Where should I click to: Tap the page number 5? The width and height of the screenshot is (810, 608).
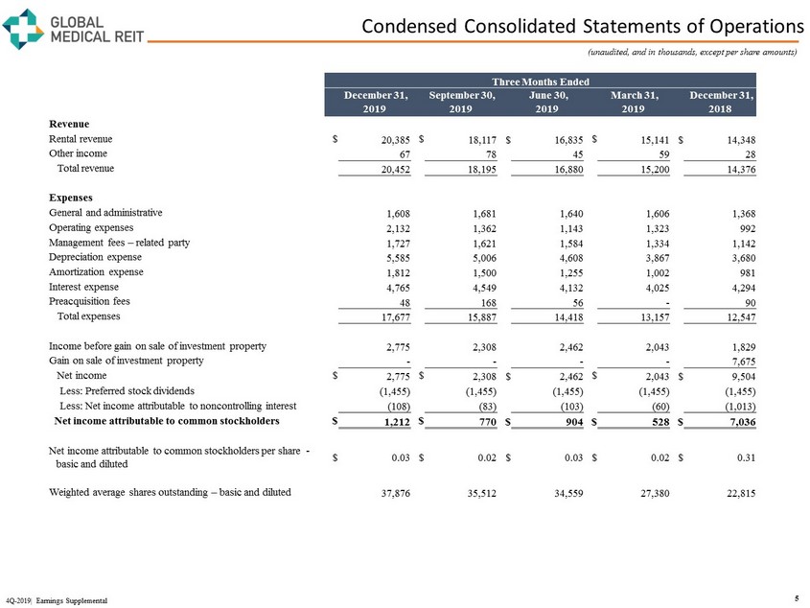798,599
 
